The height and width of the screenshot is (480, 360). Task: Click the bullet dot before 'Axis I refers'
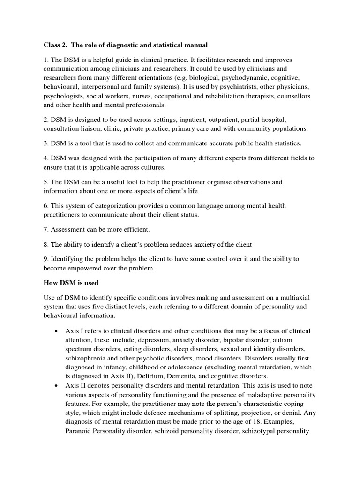(x=57, y=331)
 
